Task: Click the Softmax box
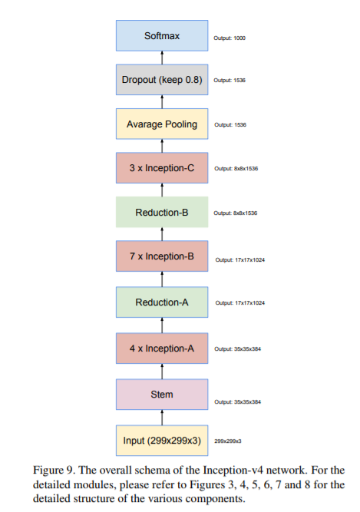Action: pyautogui.click(x=162, y=36)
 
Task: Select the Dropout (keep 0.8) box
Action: pyautogui.click(x=162, y=80)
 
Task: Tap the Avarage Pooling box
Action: pyautogui.click(x=162, y=124)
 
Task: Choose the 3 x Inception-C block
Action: pyautogui.click(x=162, y=167)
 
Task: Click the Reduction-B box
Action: pyautogui.click(x=162, y=212)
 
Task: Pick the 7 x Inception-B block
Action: pyautogui.click(x=162, y=256)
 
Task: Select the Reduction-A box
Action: pyautogui.click(x=162, y=302)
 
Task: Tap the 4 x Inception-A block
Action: pyautogui.click(x=162, y=348)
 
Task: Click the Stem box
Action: pyautogui.click(x=162, y=394)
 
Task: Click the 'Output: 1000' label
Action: pyautogui.click(x=230, y=38)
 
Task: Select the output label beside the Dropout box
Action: pyautogui.click(x=230, y=81)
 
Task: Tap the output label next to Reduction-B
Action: pyautogui.click(x=235, y=213)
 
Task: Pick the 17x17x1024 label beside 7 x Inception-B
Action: pyautogui.click(x=239, y=259)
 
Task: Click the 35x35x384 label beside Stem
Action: pyautogui.click(x=236, y=402)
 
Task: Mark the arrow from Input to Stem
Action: pyautogui.click(x=162, y=417)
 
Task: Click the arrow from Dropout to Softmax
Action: pyautogui.click(x=162, y=58)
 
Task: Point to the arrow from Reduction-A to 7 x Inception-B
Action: pyautogui.click(x=162, y=279)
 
